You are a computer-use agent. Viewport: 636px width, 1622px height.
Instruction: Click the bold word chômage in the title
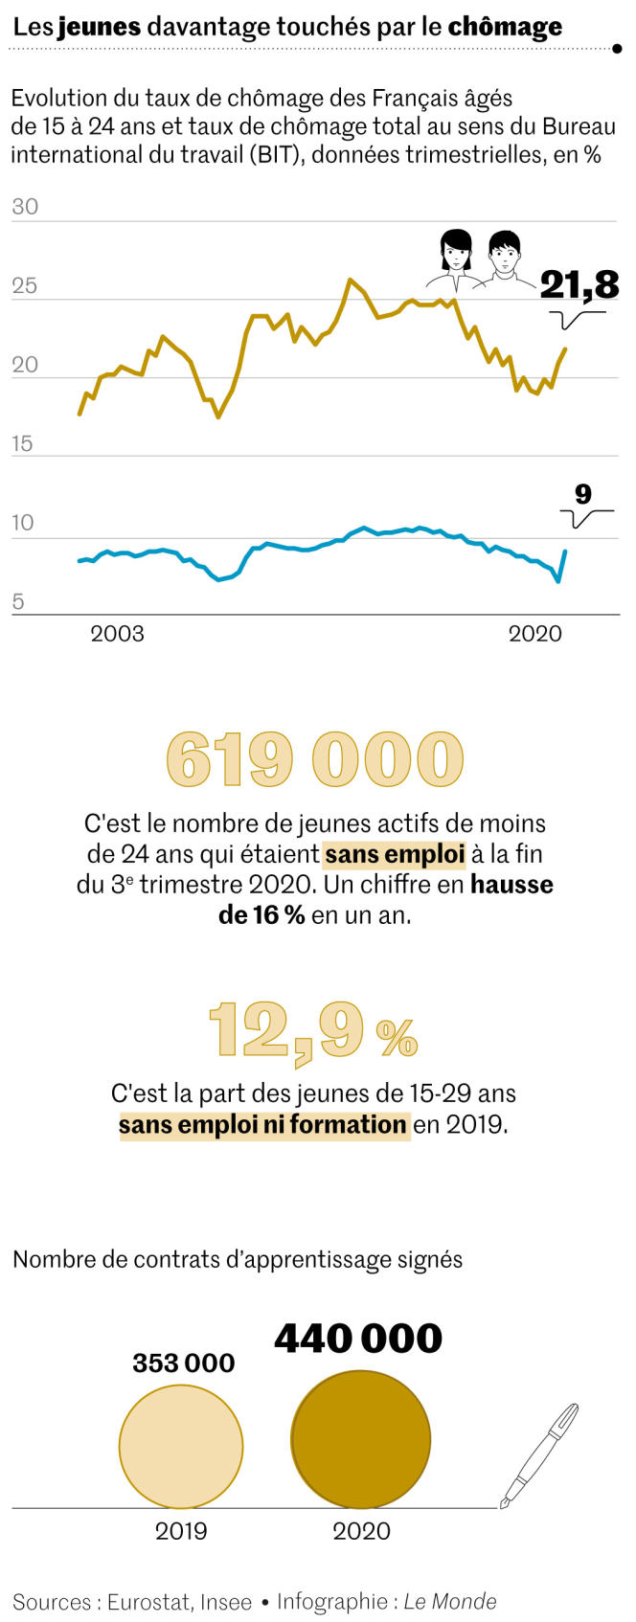[x=505, y=27]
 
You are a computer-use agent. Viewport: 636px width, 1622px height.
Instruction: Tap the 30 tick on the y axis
[x=25, y=207]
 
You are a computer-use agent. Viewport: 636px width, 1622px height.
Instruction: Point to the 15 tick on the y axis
[x=23, y=443]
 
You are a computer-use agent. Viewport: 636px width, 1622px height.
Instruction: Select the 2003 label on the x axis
[x=117, y=633]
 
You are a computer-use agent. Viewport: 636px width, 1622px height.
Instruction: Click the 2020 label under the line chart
[x=534, y=633]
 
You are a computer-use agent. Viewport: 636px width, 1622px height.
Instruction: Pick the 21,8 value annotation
[x=579, y=284]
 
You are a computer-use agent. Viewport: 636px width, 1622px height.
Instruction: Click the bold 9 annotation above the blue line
[x=583, y=494]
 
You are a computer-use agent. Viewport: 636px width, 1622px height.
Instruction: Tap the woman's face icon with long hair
[x=456, y=253]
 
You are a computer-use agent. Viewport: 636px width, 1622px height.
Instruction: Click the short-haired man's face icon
[x=505, y=254]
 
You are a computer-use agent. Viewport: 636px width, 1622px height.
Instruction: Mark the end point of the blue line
[x=565, y=552]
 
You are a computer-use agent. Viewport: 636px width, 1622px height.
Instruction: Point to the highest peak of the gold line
[x=350, y=280]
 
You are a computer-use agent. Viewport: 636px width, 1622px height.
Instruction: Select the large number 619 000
[x=315, y=759]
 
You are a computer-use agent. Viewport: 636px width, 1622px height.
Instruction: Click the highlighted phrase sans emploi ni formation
[x=263, y=1124]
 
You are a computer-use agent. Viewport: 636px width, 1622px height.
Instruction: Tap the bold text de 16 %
[x=261, y=914]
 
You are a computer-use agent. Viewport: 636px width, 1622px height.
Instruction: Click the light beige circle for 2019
[x=181, y=1446]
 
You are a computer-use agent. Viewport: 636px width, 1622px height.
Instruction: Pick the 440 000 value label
[x=358, y=1338]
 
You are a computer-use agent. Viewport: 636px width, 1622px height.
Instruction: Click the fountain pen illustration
[x=540, y=1455]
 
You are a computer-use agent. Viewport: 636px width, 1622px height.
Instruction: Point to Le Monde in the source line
[x=449, y=1601]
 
